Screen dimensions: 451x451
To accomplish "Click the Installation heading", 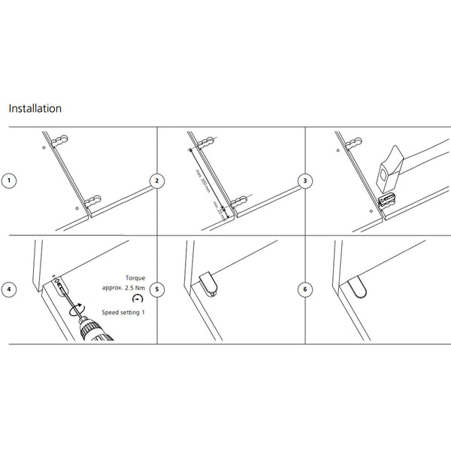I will point(35,108).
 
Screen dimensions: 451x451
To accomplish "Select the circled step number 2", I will point(157,181).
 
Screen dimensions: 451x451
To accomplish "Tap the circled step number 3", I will point(304,181).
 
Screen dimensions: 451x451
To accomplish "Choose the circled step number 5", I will point(157,289).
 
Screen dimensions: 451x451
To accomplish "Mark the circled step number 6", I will point(304,289).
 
